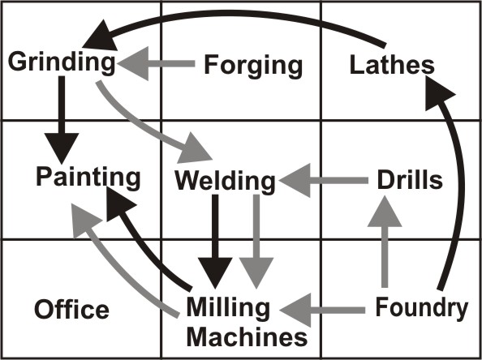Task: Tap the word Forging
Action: (x=252, y=64)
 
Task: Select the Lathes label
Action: (x=392, y=64)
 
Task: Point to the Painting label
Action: (x=88, y=177)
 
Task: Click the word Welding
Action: (x=226, y=180)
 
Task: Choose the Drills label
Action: (x=411, y=179)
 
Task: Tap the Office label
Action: (x=71, y=309)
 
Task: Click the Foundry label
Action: (x=422, y=307)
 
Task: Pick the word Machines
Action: (x=247, y=334)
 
